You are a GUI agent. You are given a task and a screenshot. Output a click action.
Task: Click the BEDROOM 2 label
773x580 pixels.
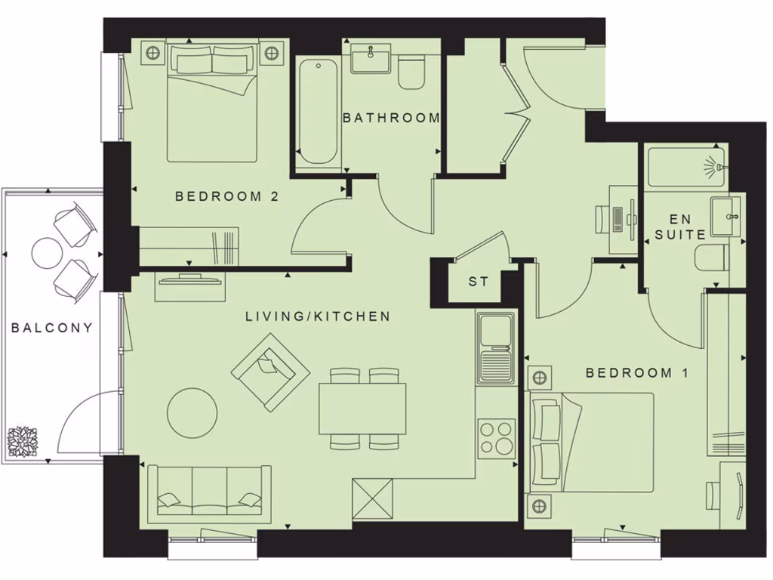click(x=227, y=196)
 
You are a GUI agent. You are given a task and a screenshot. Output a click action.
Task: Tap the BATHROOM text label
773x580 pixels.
click(x=391, y=118)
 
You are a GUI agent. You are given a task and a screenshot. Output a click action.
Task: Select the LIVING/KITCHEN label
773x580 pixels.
click(x=318, y=316)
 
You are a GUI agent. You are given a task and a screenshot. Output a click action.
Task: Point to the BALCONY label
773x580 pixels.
click(x=52, y=328)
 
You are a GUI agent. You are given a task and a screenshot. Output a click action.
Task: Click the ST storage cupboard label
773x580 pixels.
click(x=479, y=282)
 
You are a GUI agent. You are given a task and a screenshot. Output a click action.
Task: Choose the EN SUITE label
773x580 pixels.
click(x=680, y=227)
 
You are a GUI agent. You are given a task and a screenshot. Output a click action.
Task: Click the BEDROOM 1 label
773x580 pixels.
click(x=629, y=372)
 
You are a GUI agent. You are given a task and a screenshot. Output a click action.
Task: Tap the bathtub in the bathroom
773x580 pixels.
click(x=318, y=112)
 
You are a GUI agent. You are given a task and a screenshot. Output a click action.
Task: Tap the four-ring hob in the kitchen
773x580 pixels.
click(x=496, y=438)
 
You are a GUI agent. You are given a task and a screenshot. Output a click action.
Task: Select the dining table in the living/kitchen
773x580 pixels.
click(x=362, y=409)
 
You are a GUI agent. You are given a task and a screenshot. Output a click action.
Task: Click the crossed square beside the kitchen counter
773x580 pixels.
click(x=373, y=499)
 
